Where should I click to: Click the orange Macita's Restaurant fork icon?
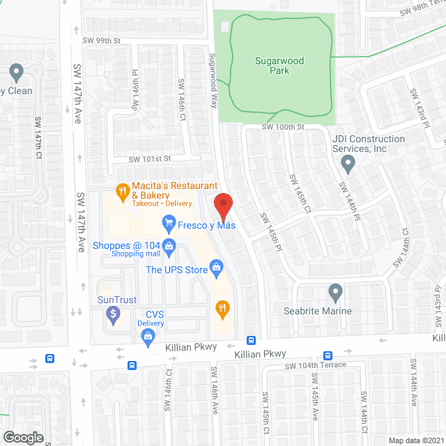pyautogui.click(x=122, y=189)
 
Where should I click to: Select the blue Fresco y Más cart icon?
pyautogui.click(x=168, y=223)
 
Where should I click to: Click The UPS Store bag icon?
pyautogui.click(x=217, y=267)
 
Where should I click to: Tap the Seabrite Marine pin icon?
pyautogui.click(x=336, y=293)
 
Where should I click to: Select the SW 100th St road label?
pyautogui.click(x=284, y=127)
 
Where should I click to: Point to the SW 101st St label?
pyautogui.click(x=149, y=160)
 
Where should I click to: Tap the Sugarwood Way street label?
pyautogui.click(x=215, y=81)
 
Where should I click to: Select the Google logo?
pyautogui.click(x=22, y=438)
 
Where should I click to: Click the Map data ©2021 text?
pyautogui.click(x=415, y=440)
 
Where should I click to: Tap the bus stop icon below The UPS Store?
pyautogui.click(x=251, y=341)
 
